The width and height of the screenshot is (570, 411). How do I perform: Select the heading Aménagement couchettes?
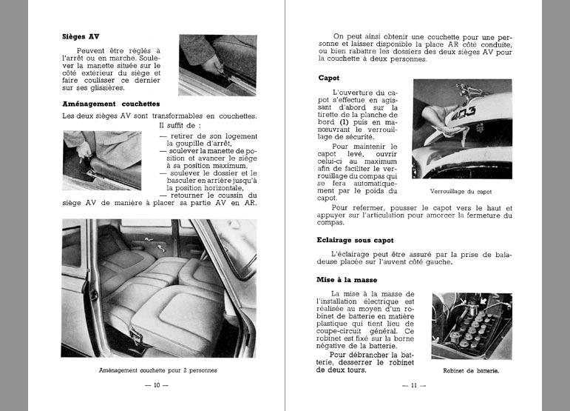pos(111,104)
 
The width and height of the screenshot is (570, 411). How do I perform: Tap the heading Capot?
pos(329,77)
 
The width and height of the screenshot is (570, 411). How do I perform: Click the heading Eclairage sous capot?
pos(356,241)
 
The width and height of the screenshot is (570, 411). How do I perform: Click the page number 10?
pos(156,385)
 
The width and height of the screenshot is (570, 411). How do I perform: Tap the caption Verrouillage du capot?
pos(461,192)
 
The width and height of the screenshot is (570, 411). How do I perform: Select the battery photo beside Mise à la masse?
pos(472,326)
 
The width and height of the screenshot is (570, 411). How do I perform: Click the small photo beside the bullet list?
pos(103,159)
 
